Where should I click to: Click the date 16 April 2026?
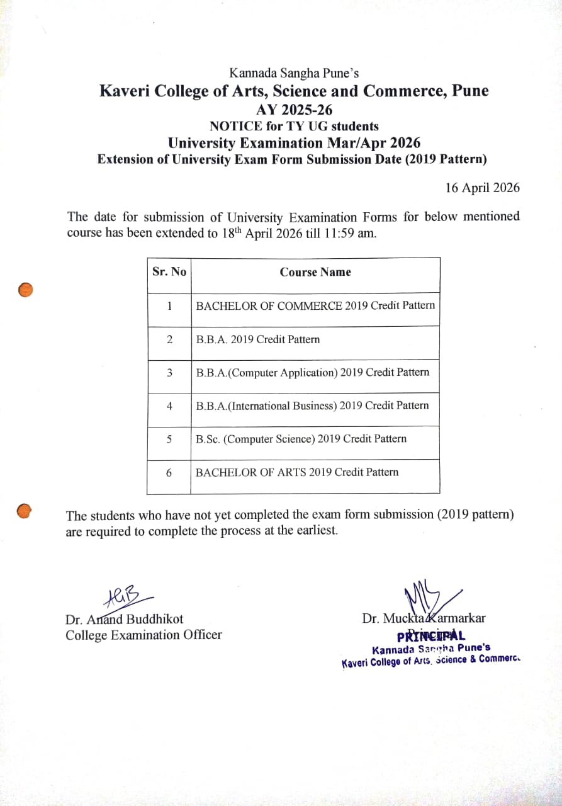click(482, 188)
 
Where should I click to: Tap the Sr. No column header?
click(169, 272)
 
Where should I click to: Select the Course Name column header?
click(315, 272)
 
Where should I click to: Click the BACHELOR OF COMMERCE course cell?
click(315, 305)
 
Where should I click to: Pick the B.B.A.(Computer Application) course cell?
click(313, 372)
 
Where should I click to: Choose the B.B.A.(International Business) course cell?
click(312, 406)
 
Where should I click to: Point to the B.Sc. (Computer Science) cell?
click(301, 439)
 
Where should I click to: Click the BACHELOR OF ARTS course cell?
click(297, 472)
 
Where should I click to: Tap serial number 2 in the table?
click(169, 339)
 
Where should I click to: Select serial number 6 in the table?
click(169, 472)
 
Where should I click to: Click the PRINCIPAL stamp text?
click(431, 635)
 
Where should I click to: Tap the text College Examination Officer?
click(143, 635)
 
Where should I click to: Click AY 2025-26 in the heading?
click(294, 110)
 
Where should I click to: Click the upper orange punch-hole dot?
click(25, 290)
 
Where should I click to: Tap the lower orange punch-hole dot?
click(24, 511)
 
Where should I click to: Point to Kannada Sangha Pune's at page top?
click(294, 74)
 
